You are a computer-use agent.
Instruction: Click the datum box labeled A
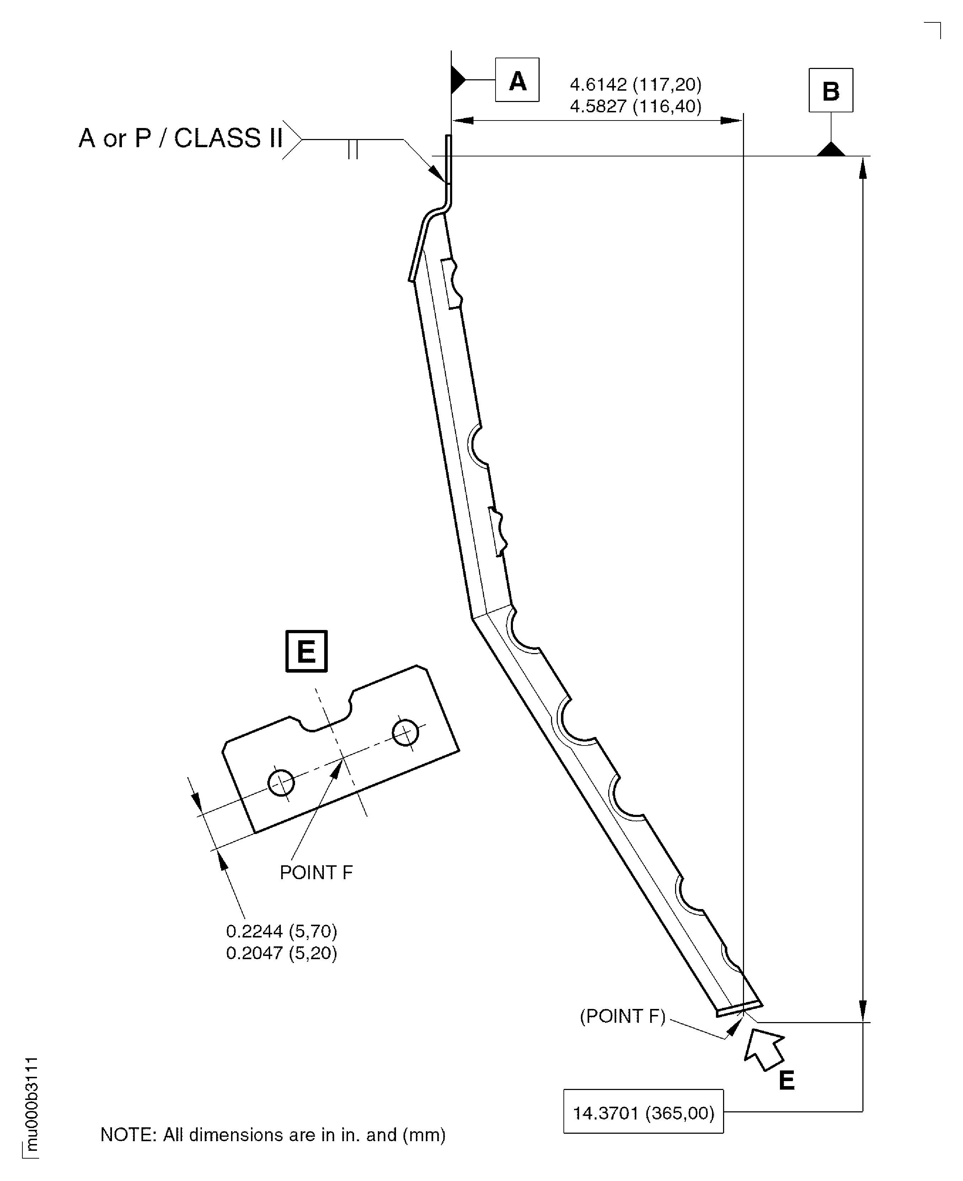coord(517,80)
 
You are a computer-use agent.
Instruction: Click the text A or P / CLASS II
coord(181,138)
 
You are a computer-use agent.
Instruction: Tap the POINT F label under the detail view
coord(316,872)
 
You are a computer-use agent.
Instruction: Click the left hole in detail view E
coord(281,782)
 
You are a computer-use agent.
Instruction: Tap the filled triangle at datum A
coord(458,80)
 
